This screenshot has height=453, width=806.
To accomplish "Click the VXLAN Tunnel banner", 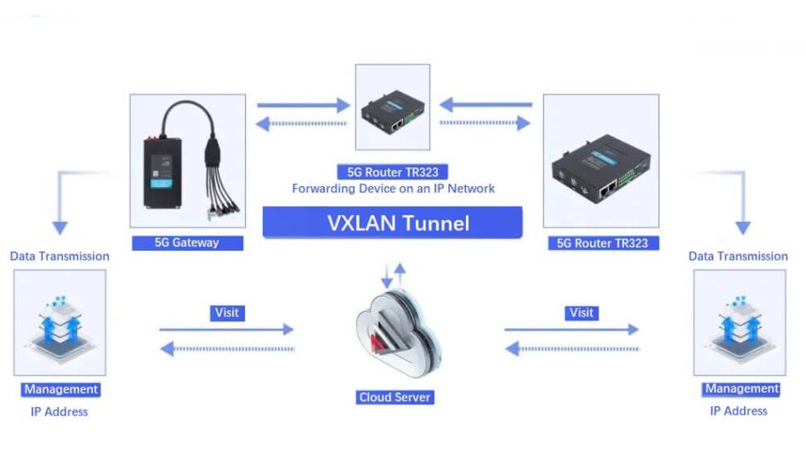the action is click(x=392, y=223).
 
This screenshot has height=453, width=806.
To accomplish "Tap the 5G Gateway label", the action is click(x=187, y=243).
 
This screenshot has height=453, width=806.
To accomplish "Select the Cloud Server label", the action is click(x=394, y=397).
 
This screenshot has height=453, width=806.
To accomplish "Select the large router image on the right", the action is click(x=601, y=166).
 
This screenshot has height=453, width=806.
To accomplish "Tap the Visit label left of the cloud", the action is click(x=227, y=313).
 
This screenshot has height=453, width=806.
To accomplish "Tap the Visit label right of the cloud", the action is click(x=582, y=313).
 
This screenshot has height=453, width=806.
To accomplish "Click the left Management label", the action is click(x=60, y=389).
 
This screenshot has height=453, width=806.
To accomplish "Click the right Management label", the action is click(x=741, y=388).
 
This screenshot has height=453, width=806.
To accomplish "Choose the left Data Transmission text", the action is click(x=60, y=256).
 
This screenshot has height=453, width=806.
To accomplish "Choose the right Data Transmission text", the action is click(x=738, y=256).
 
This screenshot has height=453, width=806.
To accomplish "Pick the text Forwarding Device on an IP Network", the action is click(x=394, y=189).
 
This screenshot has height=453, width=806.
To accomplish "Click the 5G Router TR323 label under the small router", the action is click(x=393, y=172).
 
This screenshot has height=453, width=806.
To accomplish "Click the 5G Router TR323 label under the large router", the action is click(x=603, y=243).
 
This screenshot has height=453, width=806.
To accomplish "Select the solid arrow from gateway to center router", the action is click(x=304, y=105).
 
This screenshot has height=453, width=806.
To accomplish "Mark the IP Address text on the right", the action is click(x=739, y=411).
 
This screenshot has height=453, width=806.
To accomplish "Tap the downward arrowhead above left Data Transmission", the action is click(x=60, y=228).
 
